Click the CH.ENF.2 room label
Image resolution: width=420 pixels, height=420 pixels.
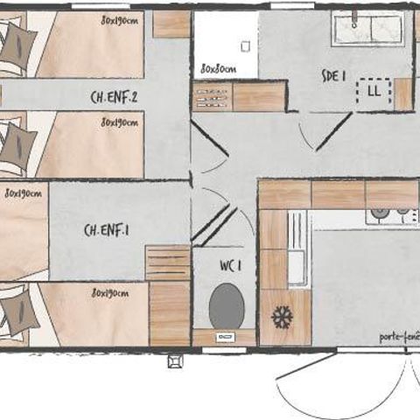(115, 97)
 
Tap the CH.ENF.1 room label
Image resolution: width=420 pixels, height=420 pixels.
(106, 230)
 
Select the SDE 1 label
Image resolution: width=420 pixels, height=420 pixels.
(332, 77)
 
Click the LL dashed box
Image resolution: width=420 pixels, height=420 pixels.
(374, 91)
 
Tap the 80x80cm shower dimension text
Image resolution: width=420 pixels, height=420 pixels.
(217, 67)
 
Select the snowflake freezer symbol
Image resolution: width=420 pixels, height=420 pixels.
(282, 317)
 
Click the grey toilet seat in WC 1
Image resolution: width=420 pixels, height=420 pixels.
(226, 306)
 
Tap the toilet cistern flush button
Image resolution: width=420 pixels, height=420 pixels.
(224, 336)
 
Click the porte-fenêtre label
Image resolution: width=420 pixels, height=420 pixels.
(399, 336)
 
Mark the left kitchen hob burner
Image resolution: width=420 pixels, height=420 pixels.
(380, 213)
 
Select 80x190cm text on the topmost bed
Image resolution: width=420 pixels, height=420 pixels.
(119, 18)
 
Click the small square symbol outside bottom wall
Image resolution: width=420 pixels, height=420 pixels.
(171, 360)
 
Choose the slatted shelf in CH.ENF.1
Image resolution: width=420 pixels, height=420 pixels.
(167, 262)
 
